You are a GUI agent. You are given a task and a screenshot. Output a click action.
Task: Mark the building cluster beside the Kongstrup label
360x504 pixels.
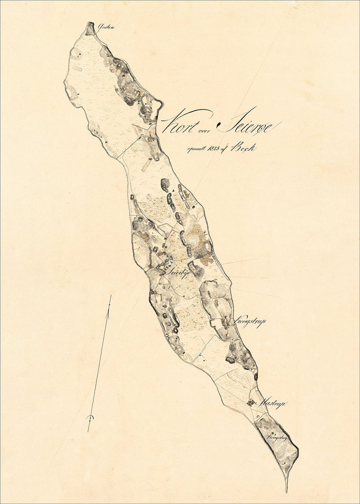225,321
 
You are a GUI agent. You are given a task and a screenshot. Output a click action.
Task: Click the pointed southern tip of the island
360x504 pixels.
286,490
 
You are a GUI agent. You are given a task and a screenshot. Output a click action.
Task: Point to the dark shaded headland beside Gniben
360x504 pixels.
90,27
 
